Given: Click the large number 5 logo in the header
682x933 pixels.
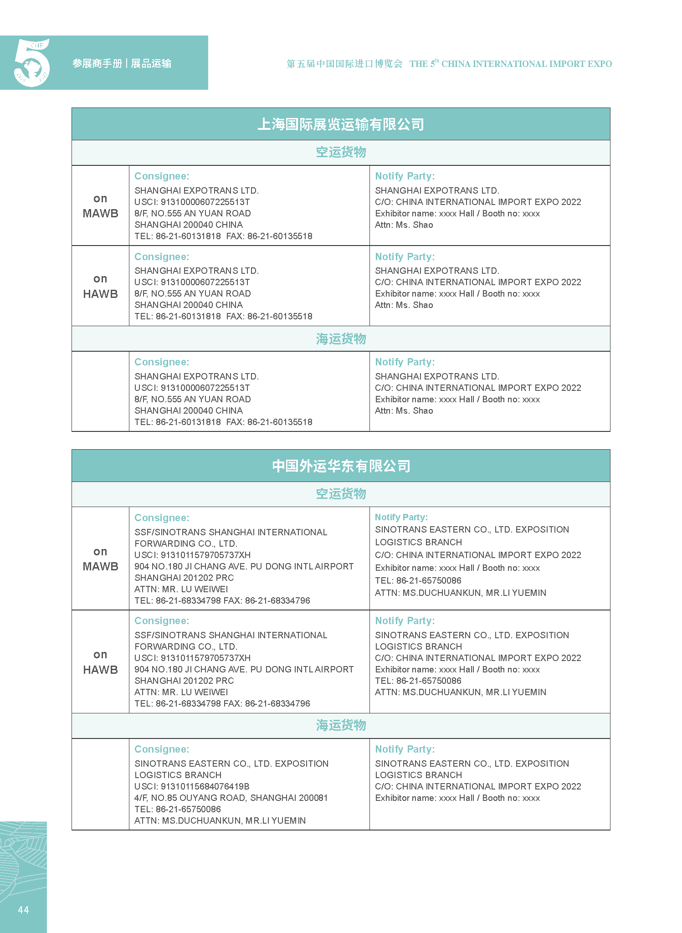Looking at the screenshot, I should pyautogui.click(x=32, y=62).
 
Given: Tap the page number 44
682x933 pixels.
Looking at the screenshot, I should pyautogui.click(x=23, y=910).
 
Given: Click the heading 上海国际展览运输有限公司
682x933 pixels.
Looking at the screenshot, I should pyautogui.click(x=341, y=124).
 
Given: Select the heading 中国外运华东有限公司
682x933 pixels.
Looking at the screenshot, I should pyautogui.click(x=341, y=466).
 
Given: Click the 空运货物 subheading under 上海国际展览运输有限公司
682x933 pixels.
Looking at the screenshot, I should pyautogui.click(x=341, y=152).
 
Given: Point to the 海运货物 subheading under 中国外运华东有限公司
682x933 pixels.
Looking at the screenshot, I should pyautogui.click(x=341, y=725).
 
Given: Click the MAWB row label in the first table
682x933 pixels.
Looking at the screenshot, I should pyautogui.click(x=100, y=213).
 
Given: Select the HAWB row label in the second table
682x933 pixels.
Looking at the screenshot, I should pyautogui.click(x=100, y=670).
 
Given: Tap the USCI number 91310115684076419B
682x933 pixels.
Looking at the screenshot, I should pyautogui.click(x=192, y=786).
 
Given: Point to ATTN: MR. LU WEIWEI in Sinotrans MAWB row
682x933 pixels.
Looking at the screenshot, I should pyautogui.click(x=181, y=589).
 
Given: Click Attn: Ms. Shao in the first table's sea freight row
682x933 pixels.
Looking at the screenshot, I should pyautogui.click(x=404, y=410).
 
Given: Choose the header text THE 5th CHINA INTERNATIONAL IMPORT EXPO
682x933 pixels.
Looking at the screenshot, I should pyautogui.click(x=510, y=64).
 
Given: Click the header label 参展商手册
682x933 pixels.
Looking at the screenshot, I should pyautogui.click(x=97, y=63).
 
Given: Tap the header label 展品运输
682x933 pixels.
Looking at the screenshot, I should pyautogui.click(x=151, y=63).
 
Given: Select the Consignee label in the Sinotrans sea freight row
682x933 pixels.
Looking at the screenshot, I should pyautogui.click(x=162, y=749).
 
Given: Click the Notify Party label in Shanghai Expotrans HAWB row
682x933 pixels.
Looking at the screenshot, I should pyautogui.click(x=405, y=256).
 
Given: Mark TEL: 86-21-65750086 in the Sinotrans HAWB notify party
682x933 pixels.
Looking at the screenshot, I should pyautogui.click(x=418, y=681).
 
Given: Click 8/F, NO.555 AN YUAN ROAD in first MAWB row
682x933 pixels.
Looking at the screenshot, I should pyautogui.click(x=192, y=213).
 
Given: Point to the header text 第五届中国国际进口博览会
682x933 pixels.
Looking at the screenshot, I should pyautogui.click(x=344, y=64).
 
